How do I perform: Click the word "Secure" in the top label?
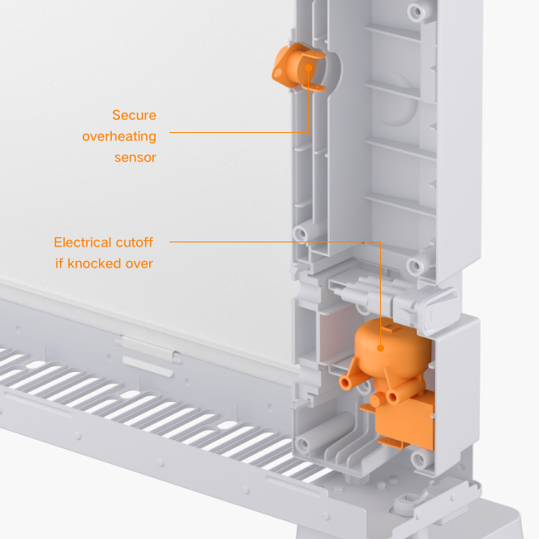tap(134, 115)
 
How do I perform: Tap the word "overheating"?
tap(119, 136)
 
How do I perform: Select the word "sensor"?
tap(135, 157)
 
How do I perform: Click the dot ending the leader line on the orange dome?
tap(379, 349)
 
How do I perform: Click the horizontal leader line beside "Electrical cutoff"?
tap(267, 242)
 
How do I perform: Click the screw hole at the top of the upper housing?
tap(418, 13)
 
